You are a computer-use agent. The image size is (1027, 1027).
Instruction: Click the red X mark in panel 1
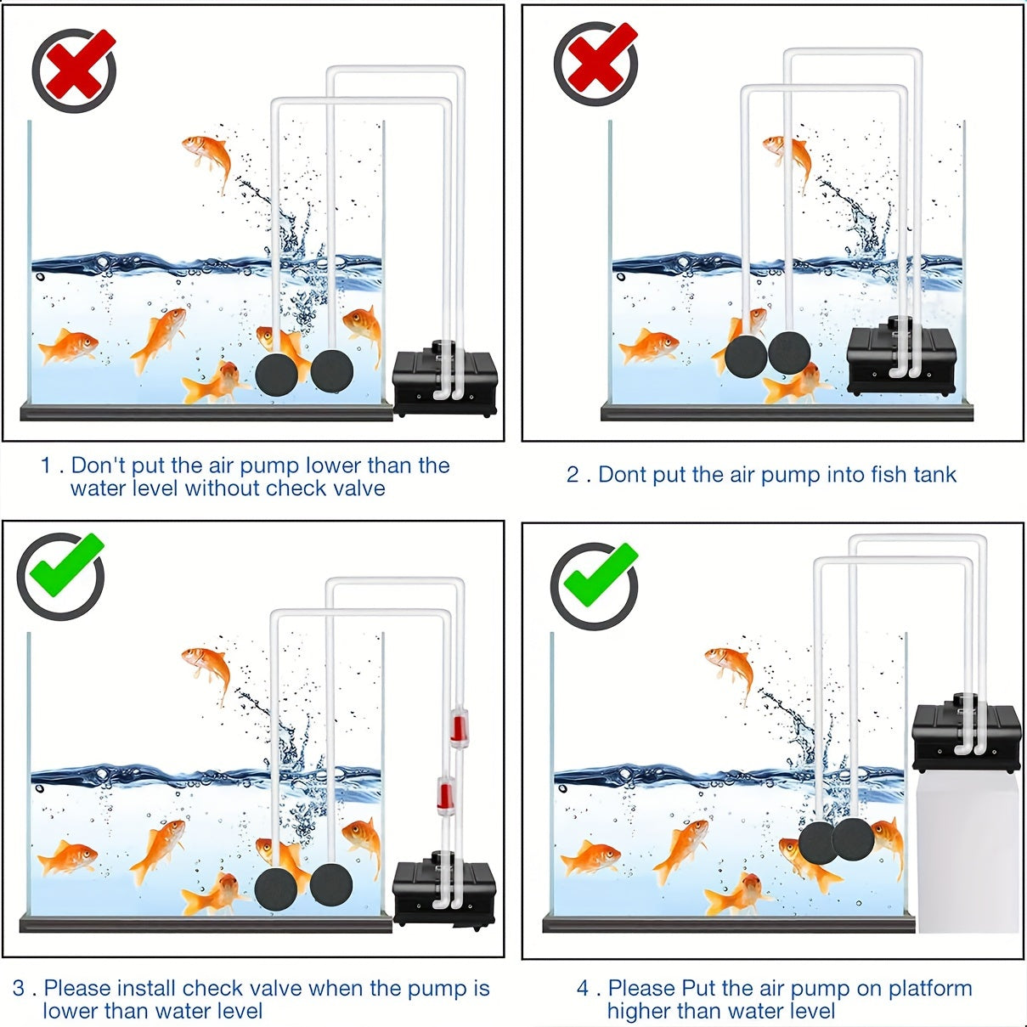[x=81, y=64]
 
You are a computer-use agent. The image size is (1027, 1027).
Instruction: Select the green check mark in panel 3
[x=66, y=564]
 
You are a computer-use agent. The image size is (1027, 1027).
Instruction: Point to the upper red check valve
[x=458, y=726]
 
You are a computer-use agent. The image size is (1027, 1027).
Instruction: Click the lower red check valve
[x=444, y=796]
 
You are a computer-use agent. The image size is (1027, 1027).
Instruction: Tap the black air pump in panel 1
[x=445, y=379]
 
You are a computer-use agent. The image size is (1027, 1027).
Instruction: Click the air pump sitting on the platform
[x=966, y=733]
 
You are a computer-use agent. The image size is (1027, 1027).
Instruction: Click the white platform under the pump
[x=968, y=852]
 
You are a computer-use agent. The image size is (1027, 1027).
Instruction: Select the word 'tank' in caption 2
[x=934, y=474]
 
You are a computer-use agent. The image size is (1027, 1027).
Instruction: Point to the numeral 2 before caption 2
[x=573, y=475]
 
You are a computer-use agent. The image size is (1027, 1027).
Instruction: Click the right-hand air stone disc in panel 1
[x=331, y=371]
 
